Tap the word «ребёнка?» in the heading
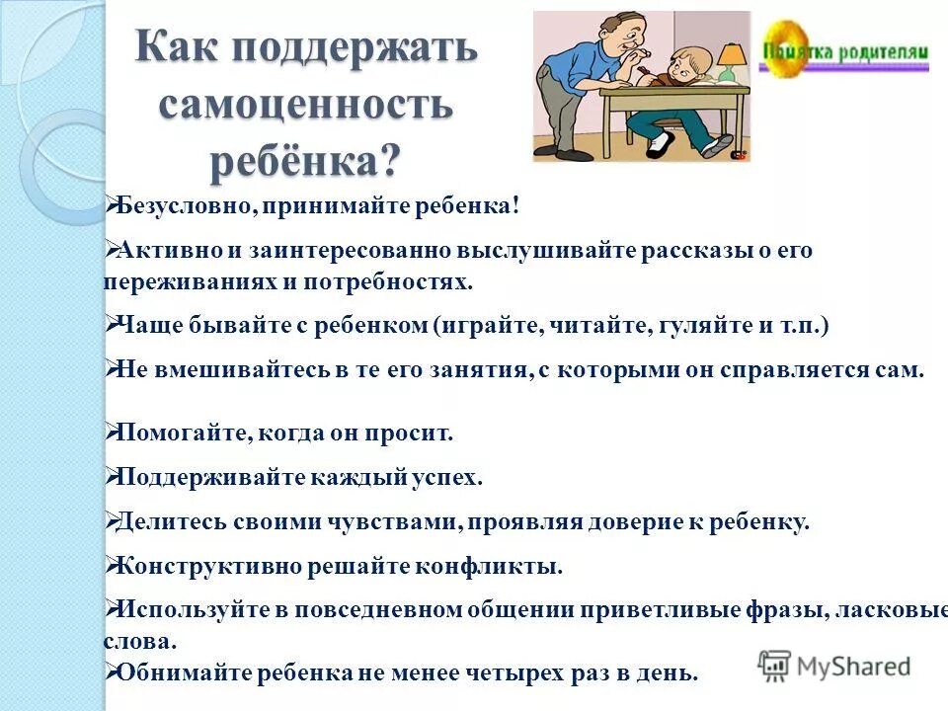(305, 159)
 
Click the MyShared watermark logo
(835, 666)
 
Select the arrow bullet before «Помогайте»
(111, 432)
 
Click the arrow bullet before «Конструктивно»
(111, 566)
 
